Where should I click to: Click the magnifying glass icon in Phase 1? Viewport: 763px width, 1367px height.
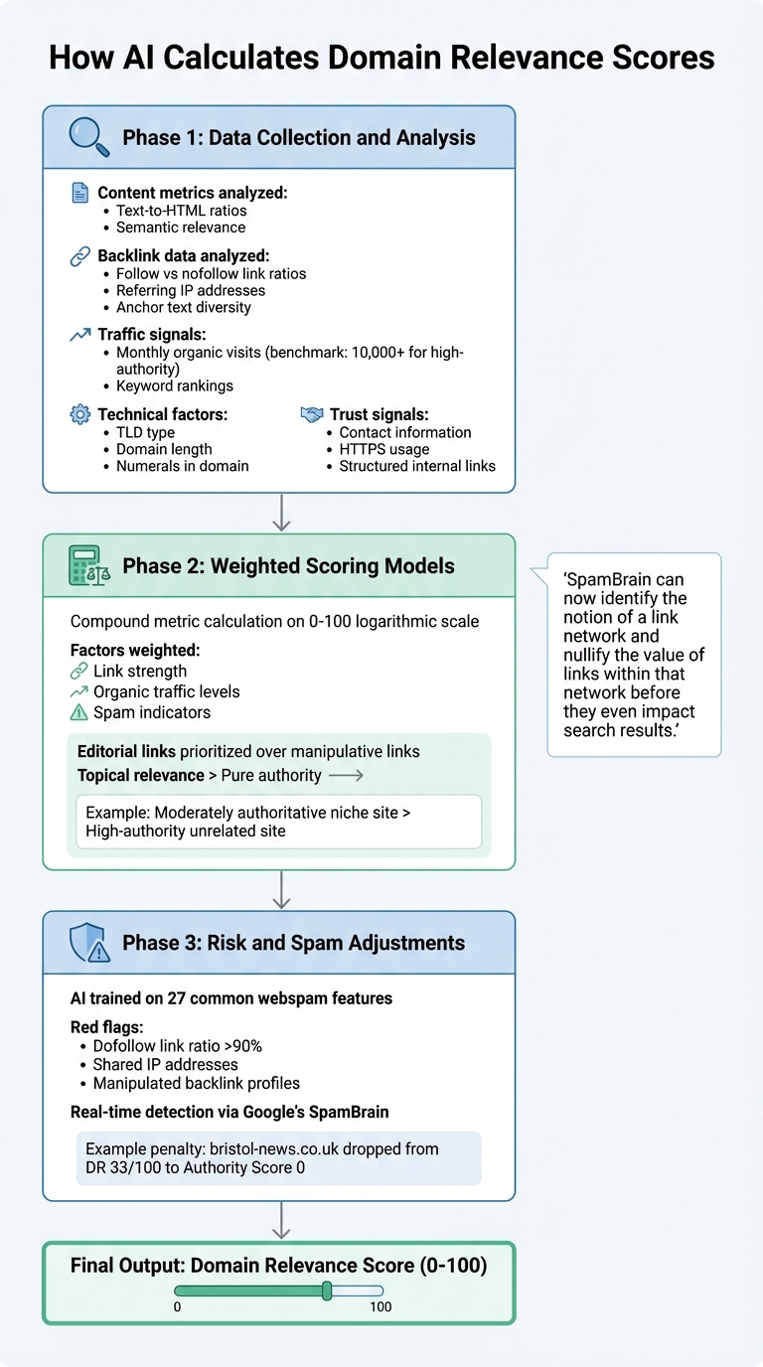coord(87,137)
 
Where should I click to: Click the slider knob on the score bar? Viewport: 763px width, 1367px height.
coord(327,1291)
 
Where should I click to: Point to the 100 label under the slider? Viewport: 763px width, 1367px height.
coord(381,1307)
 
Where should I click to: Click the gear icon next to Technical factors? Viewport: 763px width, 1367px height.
coord(79,414)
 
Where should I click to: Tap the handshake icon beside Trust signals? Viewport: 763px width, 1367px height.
coord(312,414)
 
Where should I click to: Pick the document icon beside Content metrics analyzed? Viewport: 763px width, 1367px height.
coord(79,193)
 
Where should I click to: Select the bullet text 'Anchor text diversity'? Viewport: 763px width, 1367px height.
coord(183,307)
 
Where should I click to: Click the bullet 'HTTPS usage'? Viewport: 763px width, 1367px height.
coord(383,449)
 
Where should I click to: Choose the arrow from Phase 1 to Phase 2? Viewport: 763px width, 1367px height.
coord(281,513)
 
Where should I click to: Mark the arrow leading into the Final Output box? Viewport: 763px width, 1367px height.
coord(281,1220)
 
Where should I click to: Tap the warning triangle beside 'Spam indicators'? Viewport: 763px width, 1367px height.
coord(79,711)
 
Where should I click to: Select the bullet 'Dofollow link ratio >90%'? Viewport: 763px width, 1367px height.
coord(177,1046)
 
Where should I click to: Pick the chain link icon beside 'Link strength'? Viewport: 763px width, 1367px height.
coord(79,672)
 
